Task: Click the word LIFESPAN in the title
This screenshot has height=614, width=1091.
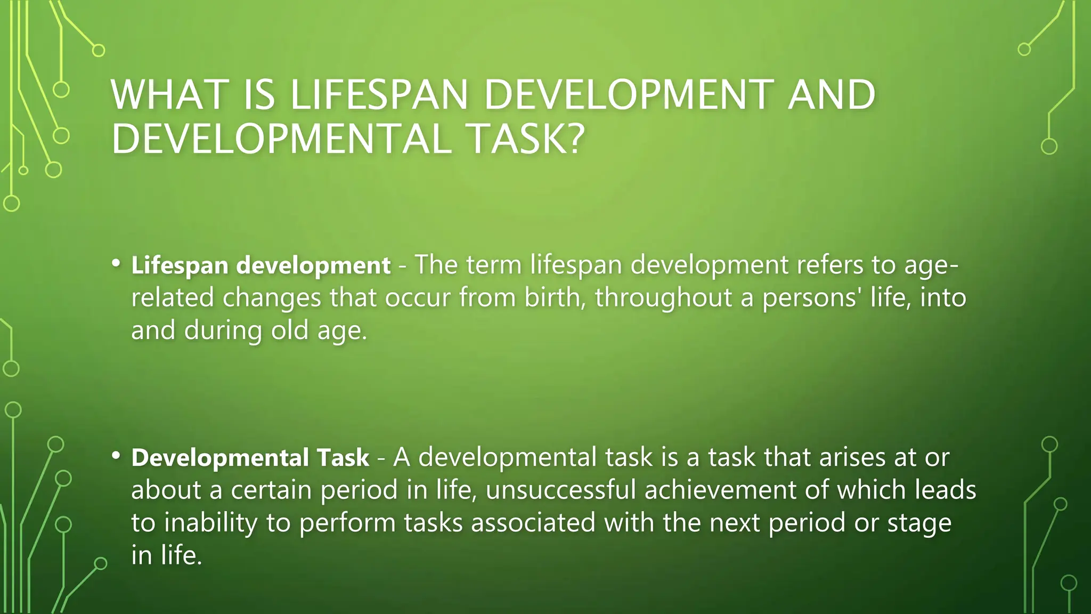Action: (379, 95)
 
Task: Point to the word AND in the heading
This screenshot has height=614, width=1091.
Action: (831, 95)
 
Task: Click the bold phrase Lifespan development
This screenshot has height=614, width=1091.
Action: (261, 265)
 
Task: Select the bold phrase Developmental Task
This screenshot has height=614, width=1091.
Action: (250, 457)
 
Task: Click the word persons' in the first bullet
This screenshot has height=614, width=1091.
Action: (811, 297)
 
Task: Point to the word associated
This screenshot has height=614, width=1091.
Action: (533, 522)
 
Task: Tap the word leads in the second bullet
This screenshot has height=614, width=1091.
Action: (945, 490)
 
